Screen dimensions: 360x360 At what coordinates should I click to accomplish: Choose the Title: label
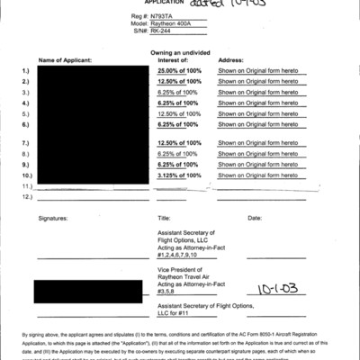(x=164, y=218)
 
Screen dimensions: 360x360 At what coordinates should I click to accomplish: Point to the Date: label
(x=254, y=218)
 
